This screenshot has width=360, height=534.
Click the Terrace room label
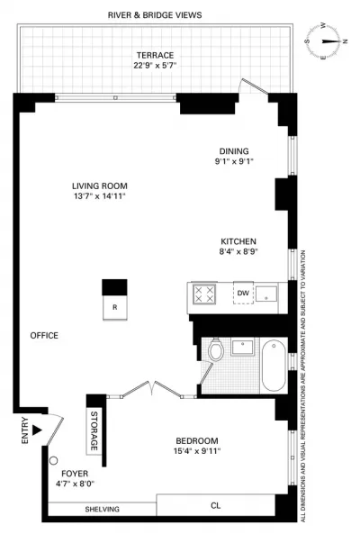[155, 55]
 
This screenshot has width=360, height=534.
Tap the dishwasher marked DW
[243, 293]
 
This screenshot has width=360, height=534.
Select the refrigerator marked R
[115, 307]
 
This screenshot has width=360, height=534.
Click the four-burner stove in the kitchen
[204, 294]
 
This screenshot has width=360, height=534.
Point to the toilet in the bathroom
[216, 349]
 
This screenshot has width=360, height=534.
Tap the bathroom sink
[242, 348]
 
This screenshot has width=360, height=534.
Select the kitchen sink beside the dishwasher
[266, 294]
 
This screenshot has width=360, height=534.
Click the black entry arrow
[37, 430]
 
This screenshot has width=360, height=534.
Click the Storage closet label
[94, 430]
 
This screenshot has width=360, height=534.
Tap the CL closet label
[216, 505]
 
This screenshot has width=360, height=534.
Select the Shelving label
[102, 510]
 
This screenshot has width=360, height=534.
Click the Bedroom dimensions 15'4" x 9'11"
[197, 451]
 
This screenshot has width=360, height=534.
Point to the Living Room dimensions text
[100, 196]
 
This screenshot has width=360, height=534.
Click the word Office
[44, 336]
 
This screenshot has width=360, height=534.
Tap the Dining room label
[234, 151]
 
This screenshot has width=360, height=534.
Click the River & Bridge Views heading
[155, 15]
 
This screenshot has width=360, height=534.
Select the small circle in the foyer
[53, 461]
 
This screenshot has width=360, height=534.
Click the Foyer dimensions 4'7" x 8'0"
[75, 484]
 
